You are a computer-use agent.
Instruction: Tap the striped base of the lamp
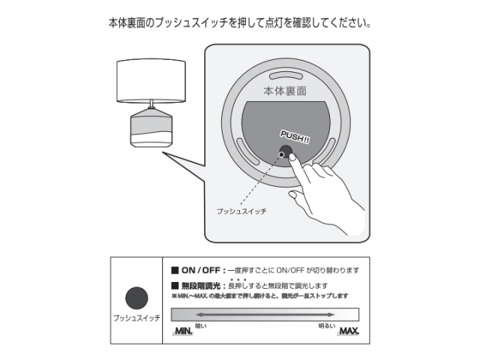pyautogui.click(x=152, y=129)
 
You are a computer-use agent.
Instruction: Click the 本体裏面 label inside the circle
pyautogui.click(x=286, y=91)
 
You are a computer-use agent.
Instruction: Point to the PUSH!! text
pyautogui.click(x=295, y=136)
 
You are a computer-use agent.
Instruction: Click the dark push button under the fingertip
pyautogui.click(x=286, y=154)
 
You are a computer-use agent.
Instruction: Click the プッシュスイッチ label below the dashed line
pyautogui.click(x=241, y=212)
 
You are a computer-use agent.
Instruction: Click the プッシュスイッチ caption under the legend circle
pyautogui.click(x=136, y=319)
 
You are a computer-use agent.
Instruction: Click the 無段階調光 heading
pyautogui.click(x=202, y=286)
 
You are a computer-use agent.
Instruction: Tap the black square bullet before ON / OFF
pyautogui.click(x=175, y=270)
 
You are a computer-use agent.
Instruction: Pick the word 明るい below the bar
pyautogui.click(x=326, y=325)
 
